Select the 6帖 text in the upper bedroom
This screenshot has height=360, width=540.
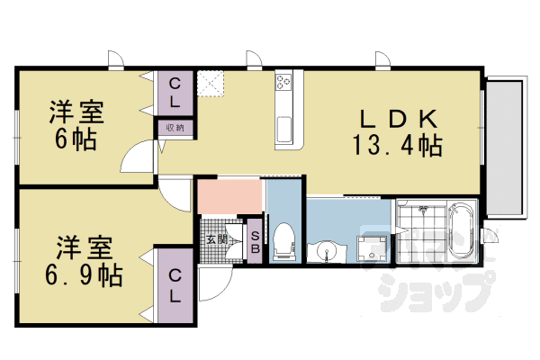click(76, 139)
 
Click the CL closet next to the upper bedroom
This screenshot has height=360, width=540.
click(175, 93)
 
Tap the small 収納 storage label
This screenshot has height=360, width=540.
click(175, 128)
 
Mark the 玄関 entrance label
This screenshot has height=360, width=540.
click(217, 239)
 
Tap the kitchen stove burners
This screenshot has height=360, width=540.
click(284, 84)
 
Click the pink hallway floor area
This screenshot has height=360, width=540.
click(229, 197)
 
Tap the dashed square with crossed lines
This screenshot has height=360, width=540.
click(212, 83)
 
